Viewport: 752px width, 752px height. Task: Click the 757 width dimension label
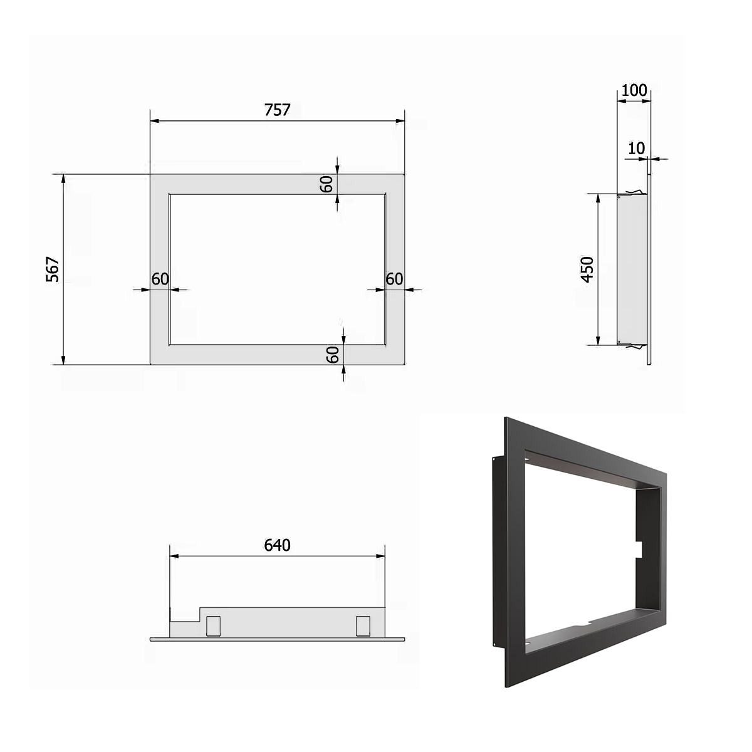[277, 110]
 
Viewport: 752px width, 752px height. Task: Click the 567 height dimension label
[53, 269]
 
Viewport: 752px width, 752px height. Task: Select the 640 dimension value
[277, 545]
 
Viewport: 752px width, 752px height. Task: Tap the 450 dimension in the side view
[587, 269]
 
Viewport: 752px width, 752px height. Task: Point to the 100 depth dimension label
[634, 90]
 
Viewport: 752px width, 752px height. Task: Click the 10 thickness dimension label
[637, 149]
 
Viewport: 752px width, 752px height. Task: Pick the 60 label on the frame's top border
[326, 184]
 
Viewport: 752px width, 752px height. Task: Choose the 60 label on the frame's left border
[160, 279]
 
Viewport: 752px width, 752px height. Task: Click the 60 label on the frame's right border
[394, 279]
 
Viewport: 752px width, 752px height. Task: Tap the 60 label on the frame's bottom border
[333, 355]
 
